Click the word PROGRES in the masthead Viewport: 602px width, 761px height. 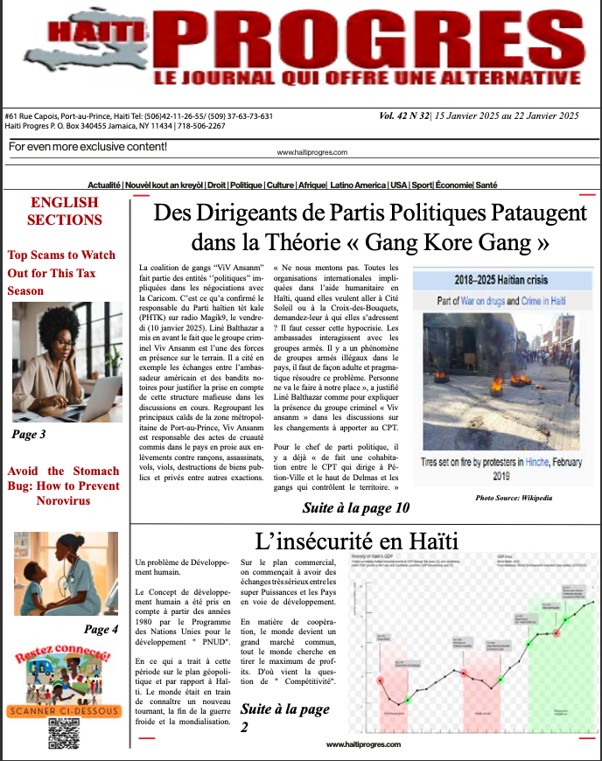coord(367,39)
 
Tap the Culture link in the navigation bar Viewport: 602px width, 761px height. coord(280,185)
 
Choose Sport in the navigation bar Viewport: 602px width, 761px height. coord(423,185)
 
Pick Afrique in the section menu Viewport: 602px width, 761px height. coord(311,185)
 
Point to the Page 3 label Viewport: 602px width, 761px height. coord(29,434)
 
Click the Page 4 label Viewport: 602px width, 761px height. coord(101,629)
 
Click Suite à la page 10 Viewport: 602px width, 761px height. coord(355,507)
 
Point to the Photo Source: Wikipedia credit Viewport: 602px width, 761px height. coord(514,498)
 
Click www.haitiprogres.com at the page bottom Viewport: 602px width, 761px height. coord(363,744)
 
